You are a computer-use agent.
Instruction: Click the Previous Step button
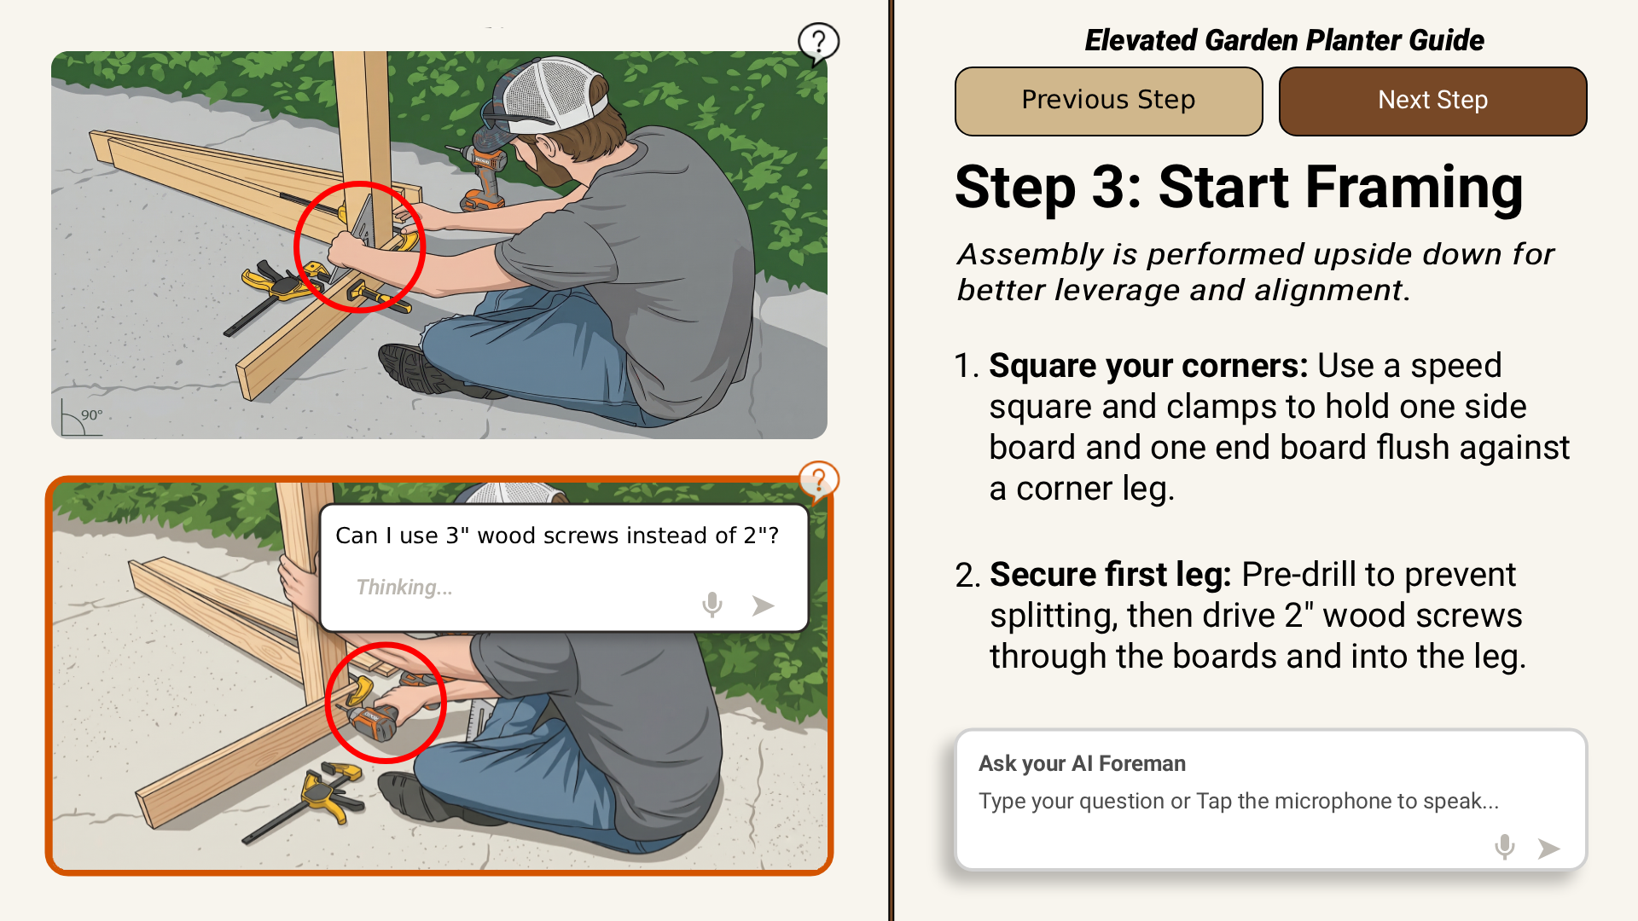1108,101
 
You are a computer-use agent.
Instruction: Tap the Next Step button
1432,101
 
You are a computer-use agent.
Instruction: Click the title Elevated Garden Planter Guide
1284,40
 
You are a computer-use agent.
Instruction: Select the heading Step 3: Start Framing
1239,187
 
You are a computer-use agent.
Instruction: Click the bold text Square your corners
1148,366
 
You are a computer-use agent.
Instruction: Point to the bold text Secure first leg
1110,575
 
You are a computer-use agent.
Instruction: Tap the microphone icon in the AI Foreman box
1505,847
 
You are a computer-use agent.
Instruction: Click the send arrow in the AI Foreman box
1548,849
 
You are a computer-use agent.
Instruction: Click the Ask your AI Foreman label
1082,763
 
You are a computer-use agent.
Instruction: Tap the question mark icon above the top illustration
818,42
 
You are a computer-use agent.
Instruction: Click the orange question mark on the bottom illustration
818,481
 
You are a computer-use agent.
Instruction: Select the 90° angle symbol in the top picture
82,418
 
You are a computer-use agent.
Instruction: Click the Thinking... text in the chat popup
404,588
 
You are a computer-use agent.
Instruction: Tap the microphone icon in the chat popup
712,605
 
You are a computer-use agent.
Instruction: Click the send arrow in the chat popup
763,605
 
